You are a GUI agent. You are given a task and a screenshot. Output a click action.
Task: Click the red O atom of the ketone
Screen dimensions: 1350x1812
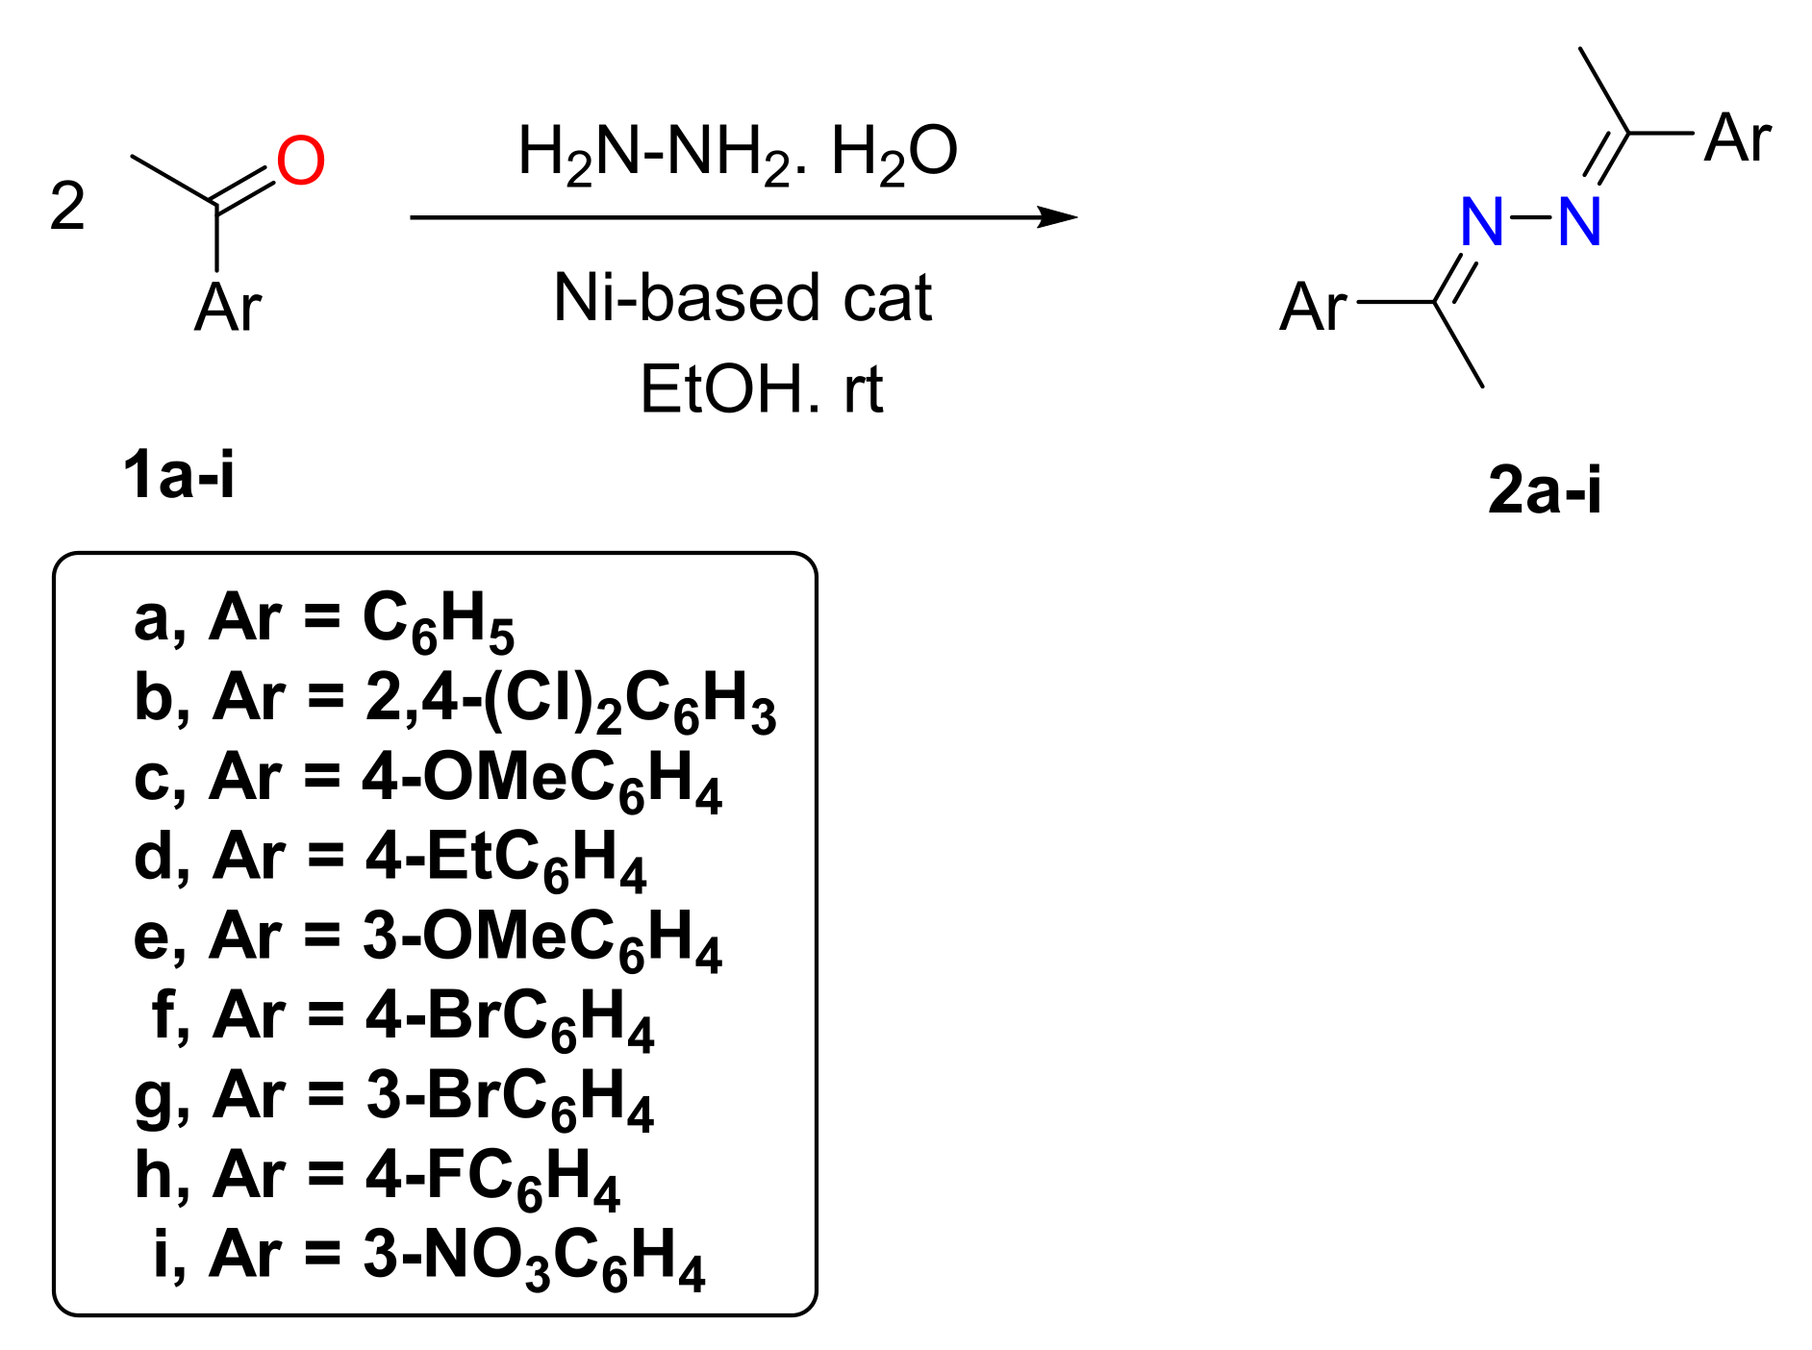click(x=301, y=161)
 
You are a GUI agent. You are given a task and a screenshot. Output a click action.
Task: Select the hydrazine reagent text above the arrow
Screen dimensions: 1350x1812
click(x=738, y=153)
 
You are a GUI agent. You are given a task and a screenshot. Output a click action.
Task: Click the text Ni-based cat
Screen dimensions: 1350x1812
click(x=742, y=298)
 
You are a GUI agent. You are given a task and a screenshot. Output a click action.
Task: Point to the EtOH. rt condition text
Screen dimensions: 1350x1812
click(x=761, y=390)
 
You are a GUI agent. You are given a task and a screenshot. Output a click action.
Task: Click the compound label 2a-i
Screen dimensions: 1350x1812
click(x=1545, y=489)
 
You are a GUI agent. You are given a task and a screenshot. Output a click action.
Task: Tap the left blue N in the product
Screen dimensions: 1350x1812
click(x=1481, y=222)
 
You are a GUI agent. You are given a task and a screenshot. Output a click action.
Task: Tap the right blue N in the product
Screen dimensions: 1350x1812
click(x=1579, y=222)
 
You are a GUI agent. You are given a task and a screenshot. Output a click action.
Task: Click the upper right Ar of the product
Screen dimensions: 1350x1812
click(x=1737, y=137)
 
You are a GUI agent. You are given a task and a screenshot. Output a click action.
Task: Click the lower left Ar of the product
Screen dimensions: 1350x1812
click(x=1313, y=308)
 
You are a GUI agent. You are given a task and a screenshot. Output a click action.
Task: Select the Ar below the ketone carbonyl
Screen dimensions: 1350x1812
click(x=228, y=308)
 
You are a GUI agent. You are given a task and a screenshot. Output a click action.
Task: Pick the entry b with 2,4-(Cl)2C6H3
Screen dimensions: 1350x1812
click(x=455, y=700)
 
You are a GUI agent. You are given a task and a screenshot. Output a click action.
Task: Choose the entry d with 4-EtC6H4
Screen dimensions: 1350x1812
click(x=390, y=859)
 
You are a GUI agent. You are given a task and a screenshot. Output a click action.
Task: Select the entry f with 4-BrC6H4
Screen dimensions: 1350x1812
click(x=402, y=1018)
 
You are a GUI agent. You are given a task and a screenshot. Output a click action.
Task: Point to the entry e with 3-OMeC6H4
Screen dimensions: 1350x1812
click(x=427, y=938)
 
